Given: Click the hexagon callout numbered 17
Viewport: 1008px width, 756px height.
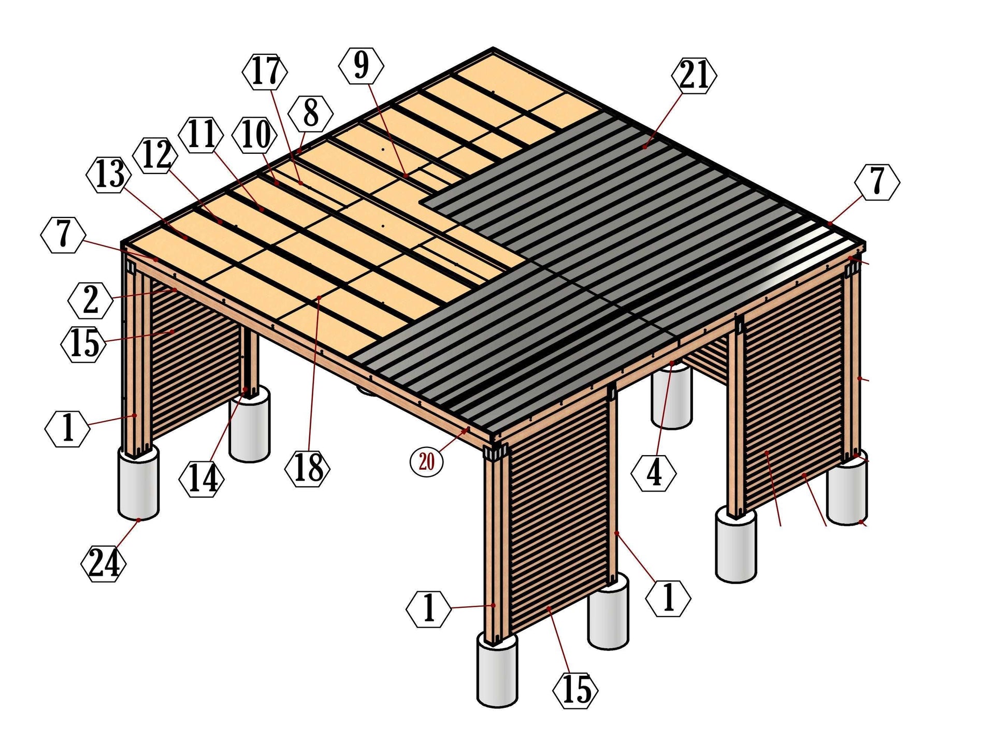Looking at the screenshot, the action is [265, 71].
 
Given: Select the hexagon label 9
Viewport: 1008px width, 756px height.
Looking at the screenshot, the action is [361, 65].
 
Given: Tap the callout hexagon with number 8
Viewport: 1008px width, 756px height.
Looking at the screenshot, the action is [310, 113].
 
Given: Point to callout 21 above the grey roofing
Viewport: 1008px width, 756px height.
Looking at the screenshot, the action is [694, 76].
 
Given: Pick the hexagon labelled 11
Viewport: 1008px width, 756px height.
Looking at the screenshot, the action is [200, 135].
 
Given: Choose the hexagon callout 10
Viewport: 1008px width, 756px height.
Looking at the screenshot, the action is [255, 135].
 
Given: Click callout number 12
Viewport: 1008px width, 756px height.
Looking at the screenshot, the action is [155, 154].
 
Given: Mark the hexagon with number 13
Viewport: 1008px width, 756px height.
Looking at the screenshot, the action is [110, 175].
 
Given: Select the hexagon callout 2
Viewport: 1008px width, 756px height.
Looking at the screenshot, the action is [91, 300].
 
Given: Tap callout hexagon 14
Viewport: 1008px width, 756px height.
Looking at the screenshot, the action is [201, 479].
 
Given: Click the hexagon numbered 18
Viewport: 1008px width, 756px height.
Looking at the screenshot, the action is [308, 468].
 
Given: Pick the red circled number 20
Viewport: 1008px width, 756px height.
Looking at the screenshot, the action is [426, 460].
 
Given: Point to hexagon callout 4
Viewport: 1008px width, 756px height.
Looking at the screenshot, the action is [654, 472].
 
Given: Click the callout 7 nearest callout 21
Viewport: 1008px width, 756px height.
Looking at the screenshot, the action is [877, 182].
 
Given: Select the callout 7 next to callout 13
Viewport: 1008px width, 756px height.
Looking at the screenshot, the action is [63, 235].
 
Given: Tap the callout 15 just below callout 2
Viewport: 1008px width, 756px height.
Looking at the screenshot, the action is [84, 343].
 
